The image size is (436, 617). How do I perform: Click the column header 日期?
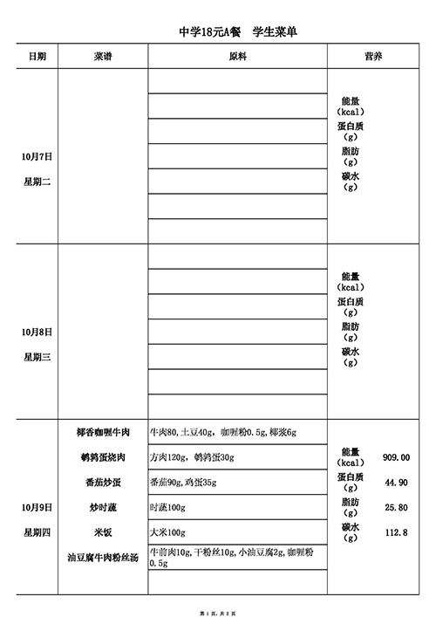pos(37,56)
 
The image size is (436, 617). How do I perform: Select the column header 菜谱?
pos(103,56)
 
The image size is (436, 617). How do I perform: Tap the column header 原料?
pos(237,56)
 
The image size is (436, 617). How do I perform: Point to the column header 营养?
pos(372,56)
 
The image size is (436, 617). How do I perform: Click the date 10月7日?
pos(37,157)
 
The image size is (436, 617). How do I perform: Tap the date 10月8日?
pos(37,332)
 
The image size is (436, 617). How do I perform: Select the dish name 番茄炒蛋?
pos(103,482)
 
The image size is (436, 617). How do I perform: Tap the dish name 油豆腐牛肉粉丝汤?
pos(103,557)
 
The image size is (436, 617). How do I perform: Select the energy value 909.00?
pos(396,456)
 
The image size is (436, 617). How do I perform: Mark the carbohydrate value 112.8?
pos(396,532)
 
